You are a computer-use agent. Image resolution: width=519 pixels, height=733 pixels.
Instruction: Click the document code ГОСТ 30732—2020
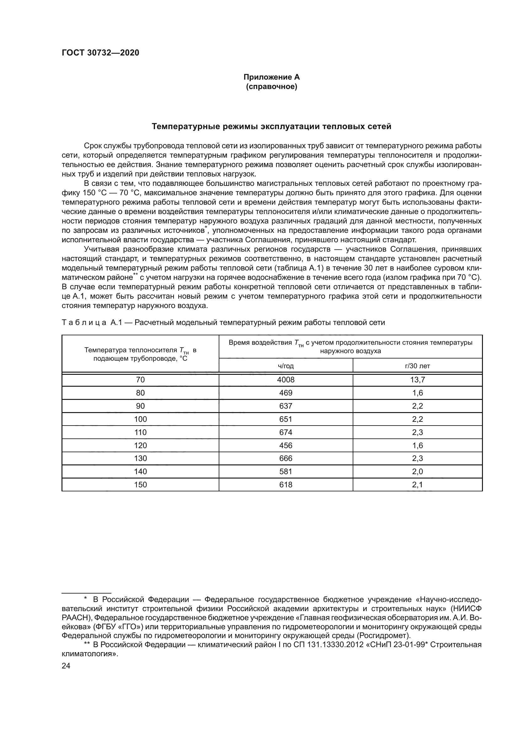(x=100, y=53)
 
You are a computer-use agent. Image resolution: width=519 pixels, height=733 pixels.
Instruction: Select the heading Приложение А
(x=271, y=77)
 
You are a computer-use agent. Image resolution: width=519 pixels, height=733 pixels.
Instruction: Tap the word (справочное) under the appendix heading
(x=271, y=86)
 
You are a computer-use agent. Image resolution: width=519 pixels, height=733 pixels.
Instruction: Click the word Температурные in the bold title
(x=180, y=126)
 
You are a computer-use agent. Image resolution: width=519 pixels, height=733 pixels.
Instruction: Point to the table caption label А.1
(x=116, y=322)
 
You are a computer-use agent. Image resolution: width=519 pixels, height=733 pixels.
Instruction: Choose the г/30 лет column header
(x=417, y=366)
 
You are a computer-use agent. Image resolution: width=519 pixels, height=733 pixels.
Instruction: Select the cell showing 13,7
(x=417, y=380)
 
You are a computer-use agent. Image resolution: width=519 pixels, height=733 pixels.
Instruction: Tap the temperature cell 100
(x=140, y=419)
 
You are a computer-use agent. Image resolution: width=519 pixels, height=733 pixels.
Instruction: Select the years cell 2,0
(x=417, y=471)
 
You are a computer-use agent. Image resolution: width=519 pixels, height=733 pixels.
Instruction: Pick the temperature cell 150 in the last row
(x=140, y=484)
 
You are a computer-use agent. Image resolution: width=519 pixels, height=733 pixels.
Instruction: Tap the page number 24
(x=66, y=666)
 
